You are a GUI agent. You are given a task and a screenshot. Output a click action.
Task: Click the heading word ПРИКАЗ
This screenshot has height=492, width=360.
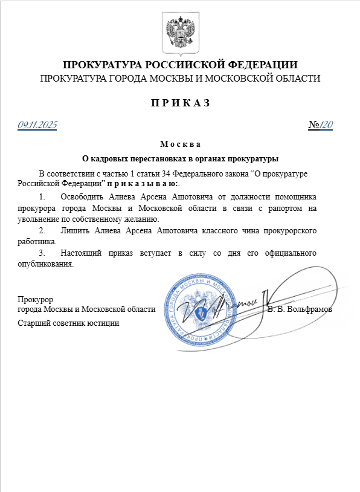tap(180, 102)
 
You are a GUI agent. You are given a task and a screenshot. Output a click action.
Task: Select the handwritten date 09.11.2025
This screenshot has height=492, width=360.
tap(37, 125)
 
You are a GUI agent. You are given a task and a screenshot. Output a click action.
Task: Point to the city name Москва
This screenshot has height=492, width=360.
tap(180, 144)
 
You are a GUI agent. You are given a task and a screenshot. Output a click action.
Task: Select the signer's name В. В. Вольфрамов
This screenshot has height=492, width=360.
tap(300, 309)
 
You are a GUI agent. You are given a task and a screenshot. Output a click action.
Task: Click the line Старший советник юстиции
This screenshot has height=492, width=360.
tap(68, 323)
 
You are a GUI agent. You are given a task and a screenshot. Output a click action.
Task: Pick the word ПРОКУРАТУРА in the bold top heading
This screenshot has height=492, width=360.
tap(103, 65)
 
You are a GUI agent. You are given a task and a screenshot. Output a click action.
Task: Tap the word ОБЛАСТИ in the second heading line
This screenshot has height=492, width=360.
tap(297, 78)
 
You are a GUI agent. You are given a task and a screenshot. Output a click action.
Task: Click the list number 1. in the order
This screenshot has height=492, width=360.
tap(42, 197)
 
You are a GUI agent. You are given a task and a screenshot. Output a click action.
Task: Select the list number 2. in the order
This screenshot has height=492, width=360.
tap(42, 231)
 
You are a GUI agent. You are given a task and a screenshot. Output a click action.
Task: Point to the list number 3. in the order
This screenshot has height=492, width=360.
tap(42, 253)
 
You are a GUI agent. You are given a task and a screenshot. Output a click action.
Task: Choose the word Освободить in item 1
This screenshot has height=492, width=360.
tap(82, 197)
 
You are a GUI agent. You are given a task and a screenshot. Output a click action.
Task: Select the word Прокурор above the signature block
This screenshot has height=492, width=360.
tap(36, 299)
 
